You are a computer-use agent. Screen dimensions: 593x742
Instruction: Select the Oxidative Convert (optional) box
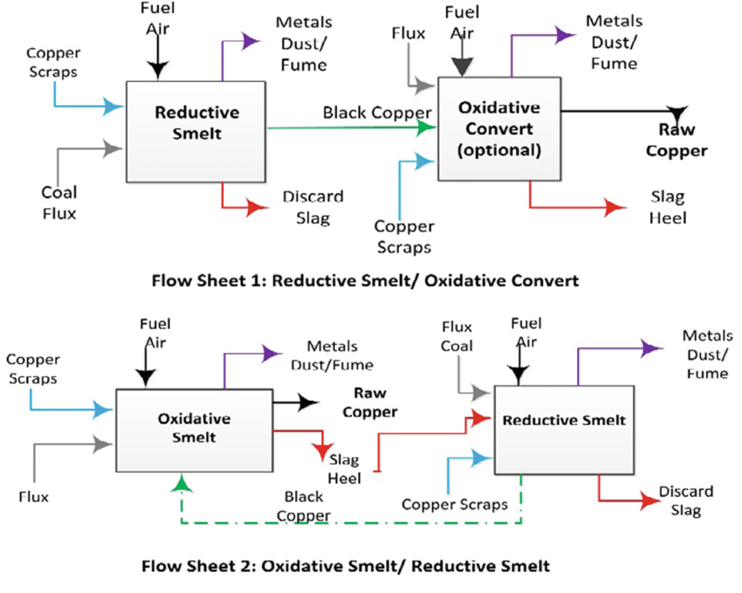[499, 128]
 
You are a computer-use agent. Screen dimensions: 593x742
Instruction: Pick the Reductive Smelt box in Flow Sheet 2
[564, 429]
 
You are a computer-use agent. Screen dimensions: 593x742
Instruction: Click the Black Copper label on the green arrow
[377, 113]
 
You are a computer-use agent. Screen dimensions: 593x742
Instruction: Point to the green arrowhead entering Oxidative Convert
[427, 128]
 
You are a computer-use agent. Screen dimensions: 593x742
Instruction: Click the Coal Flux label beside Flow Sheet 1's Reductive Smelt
[58, 202]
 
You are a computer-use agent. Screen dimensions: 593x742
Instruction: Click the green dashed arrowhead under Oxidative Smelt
[181, 482]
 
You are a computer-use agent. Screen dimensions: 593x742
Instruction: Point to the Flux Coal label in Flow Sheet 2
[457, 336]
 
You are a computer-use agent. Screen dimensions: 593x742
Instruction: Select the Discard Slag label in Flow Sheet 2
[685, 500]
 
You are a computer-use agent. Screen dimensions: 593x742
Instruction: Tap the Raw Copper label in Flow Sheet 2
[369, 402]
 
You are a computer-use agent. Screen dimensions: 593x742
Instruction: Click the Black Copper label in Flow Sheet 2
[302, 506]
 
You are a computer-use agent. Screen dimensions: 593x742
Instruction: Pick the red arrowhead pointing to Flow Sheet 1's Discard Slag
[258, 207]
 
